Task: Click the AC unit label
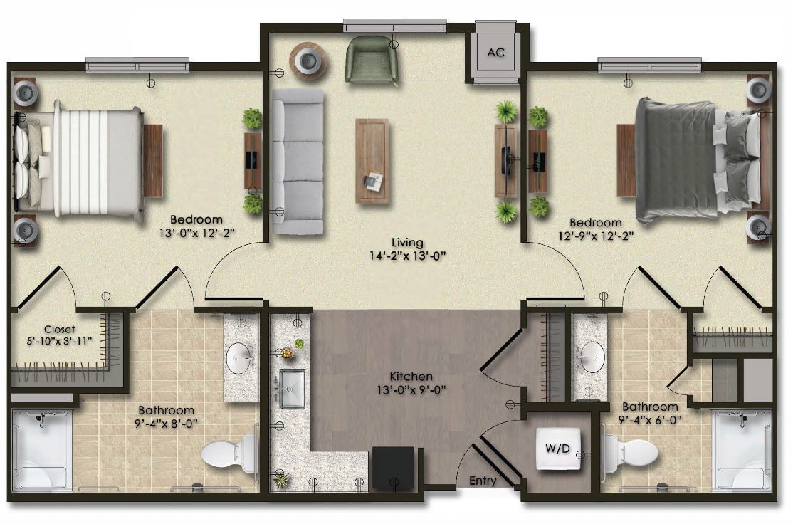[495, 52]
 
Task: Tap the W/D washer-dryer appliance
[557, 448]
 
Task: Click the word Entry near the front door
[483, 481]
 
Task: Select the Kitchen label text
[411, 377]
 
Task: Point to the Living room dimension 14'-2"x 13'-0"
[407, 256]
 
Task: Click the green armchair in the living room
[372, 59]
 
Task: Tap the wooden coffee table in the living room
[372, 161]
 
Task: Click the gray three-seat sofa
[298, 162]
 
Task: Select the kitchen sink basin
[293, 389]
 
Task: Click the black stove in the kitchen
[394, 467]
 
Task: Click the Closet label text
[59, 329]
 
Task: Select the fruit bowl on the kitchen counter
[287, 352]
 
